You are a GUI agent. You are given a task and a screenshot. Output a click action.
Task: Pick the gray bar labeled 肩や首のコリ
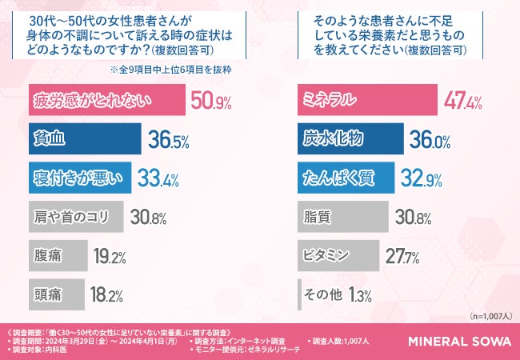click(x=75, y=216)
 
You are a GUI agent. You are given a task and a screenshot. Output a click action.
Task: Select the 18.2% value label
click(x=107, y=294)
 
